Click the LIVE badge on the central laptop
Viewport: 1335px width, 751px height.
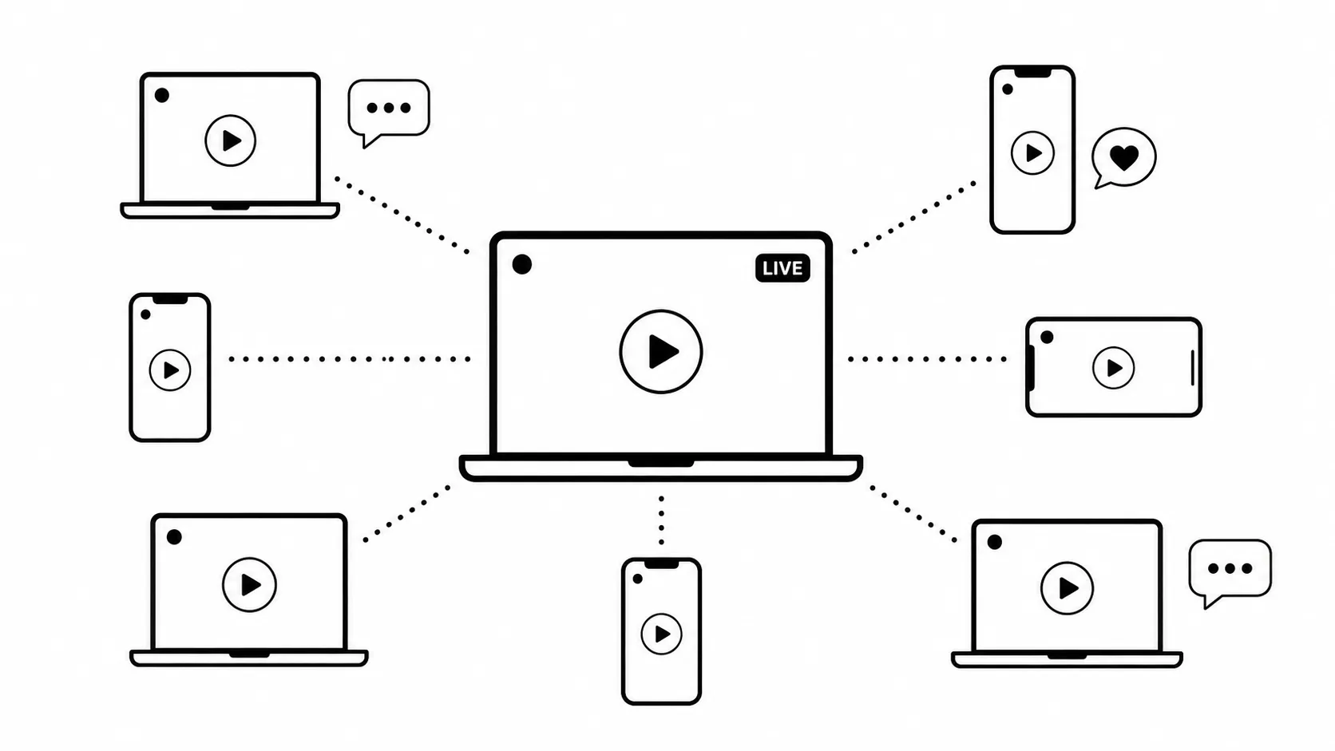782,268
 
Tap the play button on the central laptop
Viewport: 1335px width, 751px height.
661,351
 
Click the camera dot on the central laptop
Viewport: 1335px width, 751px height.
521,264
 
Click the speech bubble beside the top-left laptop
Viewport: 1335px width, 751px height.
389,110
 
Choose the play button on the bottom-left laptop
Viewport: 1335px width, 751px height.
249,585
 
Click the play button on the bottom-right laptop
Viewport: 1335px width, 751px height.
1067,588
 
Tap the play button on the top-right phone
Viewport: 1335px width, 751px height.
1032,153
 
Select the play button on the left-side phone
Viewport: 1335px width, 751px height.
170,370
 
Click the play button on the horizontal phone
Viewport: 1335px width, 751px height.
1113,368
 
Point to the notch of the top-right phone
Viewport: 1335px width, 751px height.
1032,73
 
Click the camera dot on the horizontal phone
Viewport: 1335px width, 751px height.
1047,337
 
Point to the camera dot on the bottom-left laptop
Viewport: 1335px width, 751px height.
174,537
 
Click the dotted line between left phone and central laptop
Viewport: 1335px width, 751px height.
350,359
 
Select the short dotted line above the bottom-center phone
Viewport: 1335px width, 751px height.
661,520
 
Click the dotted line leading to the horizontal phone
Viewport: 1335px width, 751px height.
927,359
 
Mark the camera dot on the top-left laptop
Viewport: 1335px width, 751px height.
161,95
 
